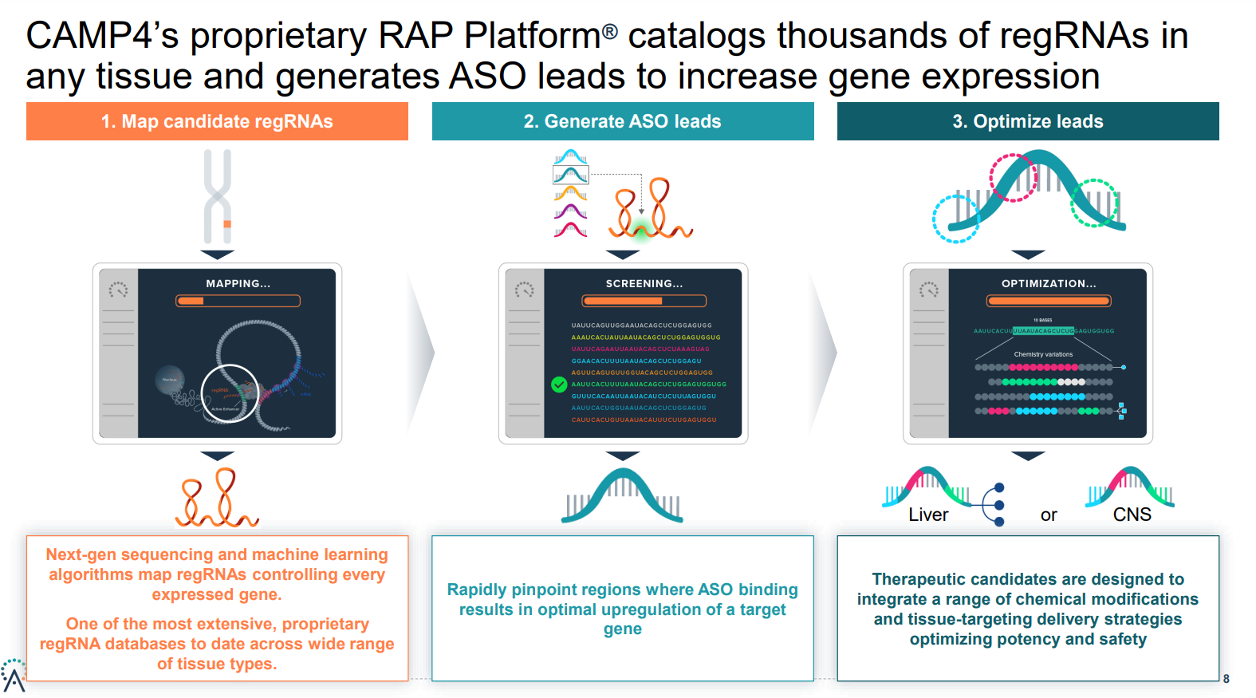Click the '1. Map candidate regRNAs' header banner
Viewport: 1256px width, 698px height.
217,121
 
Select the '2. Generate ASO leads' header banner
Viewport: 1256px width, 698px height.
623,121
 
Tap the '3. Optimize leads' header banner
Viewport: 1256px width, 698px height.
1028,121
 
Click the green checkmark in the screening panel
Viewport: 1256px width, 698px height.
559,384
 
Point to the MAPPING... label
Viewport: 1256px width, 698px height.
238,283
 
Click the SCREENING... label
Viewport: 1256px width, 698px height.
644,283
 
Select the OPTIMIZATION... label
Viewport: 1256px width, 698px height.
1049,283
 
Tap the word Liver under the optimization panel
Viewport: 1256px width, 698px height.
928,515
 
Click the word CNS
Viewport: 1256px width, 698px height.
1132,515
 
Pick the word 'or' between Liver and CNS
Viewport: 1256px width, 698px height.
1049,515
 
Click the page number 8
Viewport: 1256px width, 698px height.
1226,679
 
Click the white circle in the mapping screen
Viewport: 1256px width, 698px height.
230,392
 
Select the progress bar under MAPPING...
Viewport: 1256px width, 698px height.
238,301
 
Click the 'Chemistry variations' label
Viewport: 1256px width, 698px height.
1043,354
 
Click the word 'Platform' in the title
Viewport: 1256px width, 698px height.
533,36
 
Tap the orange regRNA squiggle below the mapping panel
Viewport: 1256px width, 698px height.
218,499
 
